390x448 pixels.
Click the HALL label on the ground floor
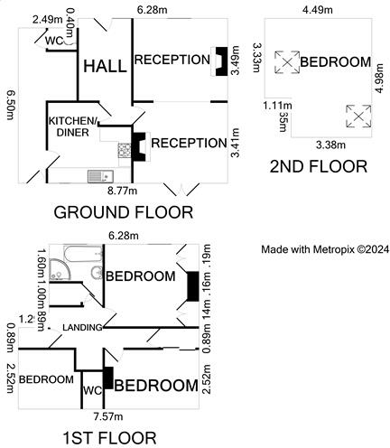(104, 66)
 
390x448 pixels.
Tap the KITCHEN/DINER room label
(74, 126)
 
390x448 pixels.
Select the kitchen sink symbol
(97, 175)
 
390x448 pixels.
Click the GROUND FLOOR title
(124, 213)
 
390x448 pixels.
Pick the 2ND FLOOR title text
(319, 166)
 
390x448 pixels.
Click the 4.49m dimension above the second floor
(323, 11)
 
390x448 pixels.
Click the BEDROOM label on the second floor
(335, 62)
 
